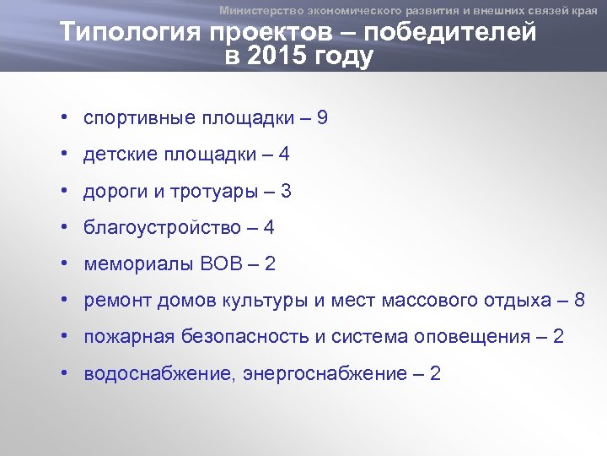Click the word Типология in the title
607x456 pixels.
pos(117,33)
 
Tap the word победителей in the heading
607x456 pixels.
pos(456,33)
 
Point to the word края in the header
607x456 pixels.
pos(583,10)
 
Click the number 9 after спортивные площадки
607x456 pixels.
pos(322,118)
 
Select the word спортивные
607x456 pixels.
pos(138,118)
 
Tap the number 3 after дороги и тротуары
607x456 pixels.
pos(286,192)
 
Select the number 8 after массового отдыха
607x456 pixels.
pos(579,301)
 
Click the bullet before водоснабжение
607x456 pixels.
pos(64,373)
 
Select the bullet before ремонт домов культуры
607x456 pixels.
pos(64,300)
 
